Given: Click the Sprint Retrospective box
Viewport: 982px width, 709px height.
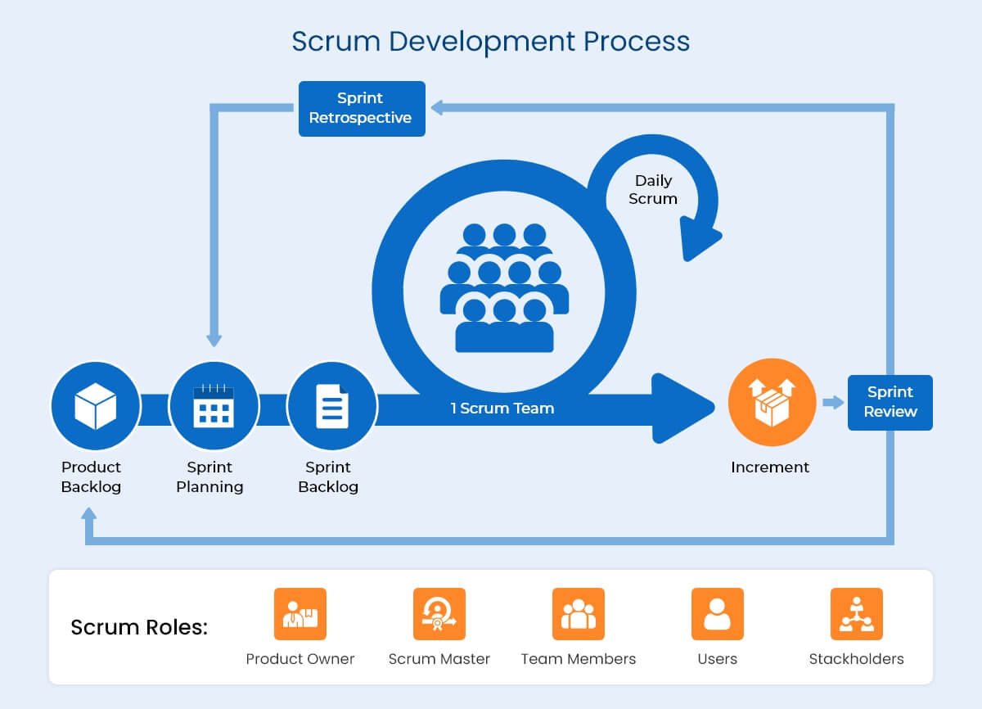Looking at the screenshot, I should tap(361, 108).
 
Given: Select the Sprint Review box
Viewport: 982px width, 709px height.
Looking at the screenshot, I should tap(890, 402).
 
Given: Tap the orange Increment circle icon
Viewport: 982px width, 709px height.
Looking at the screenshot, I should tap(772, 403).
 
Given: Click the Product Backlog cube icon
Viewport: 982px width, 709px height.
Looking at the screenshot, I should tap(95, 406).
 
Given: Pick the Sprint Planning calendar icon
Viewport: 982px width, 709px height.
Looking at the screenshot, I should tap(213, 406).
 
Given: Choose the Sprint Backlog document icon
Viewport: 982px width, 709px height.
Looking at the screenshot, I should tap(331, 406).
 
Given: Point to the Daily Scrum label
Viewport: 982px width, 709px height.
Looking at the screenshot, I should tap(653, 189).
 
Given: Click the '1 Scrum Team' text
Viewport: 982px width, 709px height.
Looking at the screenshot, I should tap(502, 408).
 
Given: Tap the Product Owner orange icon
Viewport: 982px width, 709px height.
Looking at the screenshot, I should tap(300, 614).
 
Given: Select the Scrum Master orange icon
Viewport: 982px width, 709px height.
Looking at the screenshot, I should tap(439, 614).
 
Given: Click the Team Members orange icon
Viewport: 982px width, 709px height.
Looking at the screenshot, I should tap(578, 614).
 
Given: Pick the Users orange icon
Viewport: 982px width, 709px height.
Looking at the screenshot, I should tap(717, 614).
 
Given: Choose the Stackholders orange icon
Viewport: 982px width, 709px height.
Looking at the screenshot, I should tap(856, 614).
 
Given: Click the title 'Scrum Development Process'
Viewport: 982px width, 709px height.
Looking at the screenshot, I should tap(490, 41).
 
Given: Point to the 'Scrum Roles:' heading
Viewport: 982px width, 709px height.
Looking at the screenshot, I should tap(139, 628).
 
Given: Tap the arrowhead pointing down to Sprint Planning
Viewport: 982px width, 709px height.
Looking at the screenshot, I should tap(214, 339).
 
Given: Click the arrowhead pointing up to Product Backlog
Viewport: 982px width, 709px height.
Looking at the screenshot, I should tap(88, 514).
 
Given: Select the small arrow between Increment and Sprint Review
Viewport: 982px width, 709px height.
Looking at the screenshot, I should tap(832, 402).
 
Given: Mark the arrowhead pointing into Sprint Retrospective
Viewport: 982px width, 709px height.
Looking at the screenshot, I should tap(438, 107).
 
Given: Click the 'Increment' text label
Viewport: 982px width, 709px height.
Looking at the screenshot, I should tap(769, 467).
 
